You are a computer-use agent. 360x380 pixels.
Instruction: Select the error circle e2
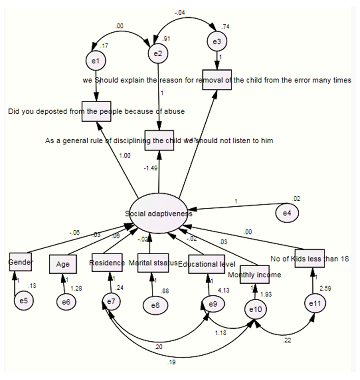tap(158, 54)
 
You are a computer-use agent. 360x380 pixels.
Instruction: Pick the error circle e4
tap(287, 213)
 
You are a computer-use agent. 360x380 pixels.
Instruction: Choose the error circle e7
tap(110, 301)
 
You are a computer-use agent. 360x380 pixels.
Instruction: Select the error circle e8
tap(154, 304)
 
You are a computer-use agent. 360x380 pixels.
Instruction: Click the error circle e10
tap(255, 310)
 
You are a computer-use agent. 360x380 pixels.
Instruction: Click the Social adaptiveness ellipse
tap(159, 213)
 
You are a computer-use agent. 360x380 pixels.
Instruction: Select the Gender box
tap(21, 263)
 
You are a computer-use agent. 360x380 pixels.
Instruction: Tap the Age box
tap(63, 264)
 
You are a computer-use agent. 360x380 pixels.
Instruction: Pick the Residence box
tap(107, 263)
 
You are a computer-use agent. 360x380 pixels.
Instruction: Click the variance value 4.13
tap(223, 290)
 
